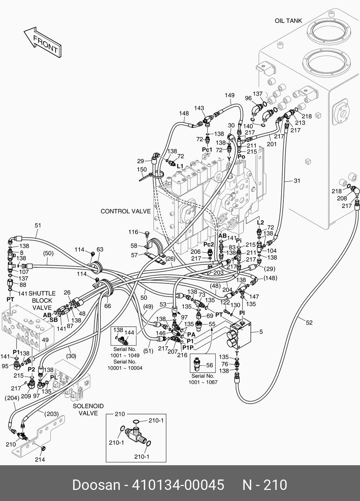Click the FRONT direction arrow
pos(42,42)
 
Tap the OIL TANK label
pos(288,21)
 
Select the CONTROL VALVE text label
pos(125,211)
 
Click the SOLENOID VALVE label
pos(88,410)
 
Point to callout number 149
pos(230,95)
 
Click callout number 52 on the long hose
pos(309,322)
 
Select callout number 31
pos(297,181)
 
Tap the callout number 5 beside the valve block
pos(261,332)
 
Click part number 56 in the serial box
pos(209,365)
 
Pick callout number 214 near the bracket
pos(40,459)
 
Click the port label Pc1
pos(207,150)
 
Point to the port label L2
pos(260,222)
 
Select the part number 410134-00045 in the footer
pos(178,485)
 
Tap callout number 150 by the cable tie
pos(142,169)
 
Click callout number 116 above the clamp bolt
pos(133,232)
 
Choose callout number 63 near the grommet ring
pos(100,249)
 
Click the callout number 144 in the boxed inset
pos(129,332)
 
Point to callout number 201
pos(272,144)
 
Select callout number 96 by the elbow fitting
pos(248,98)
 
